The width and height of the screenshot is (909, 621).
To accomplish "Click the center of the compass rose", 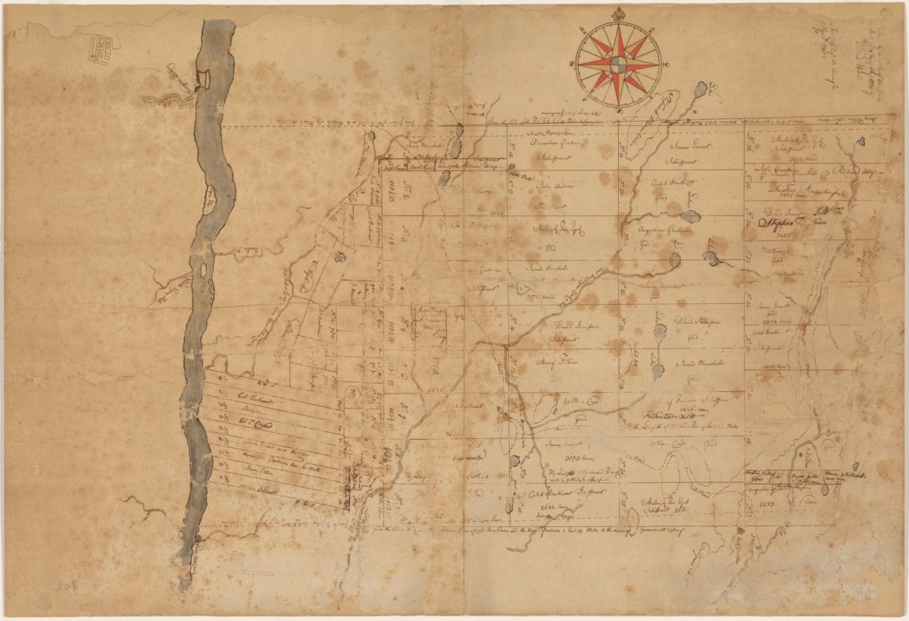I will (x=619, y=65).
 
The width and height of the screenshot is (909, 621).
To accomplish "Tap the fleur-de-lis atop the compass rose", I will (x=619, y=13).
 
